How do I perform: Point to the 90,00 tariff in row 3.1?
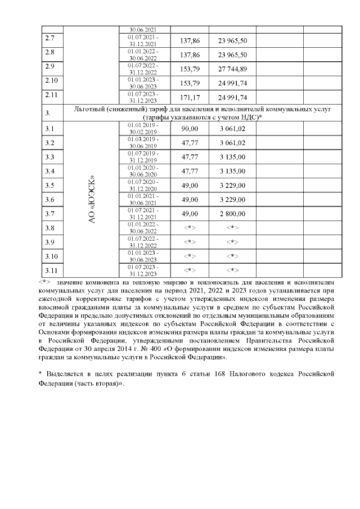pos(189,129)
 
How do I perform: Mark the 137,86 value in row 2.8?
pos(189,55)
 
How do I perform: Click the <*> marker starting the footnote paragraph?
pos(44,281)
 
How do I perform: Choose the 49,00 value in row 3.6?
pos(189,200)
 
